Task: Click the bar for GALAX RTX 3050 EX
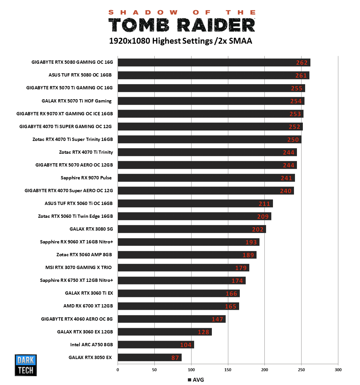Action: pos(149,357)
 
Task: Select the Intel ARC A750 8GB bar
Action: pos(156,345)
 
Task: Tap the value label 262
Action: pos(302,63)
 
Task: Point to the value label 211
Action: pos(264,204)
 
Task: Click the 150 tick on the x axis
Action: pos(228,370)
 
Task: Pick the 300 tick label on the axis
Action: pos(338,370)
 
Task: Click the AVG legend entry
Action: pos(196,380)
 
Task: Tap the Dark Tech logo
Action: pos(26,365)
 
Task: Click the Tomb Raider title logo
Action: pos(182,22)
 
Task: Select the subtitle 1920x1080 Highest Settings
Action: pos(180,41)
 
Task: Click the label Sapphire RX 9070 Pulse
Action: pos(86,178)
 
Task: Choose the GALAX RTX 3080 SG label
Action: pos(91,229)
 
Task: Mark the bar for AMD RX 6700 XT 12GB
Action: pos(178,306)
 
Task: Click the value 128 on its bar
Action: pos(203,332)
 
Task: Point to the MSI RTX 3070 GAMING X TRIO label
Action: pos(79,267)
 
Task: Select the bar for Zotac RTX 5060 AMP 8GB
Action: pos(187,255)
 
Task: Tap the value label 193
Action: pos(251,242)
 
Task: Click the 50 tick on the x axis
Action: pos(154,370)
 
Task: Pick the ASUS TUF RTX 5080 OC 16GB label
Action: pos(80,75)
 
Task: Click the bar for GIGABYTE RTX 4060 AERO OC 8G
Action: pos(171,319)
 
